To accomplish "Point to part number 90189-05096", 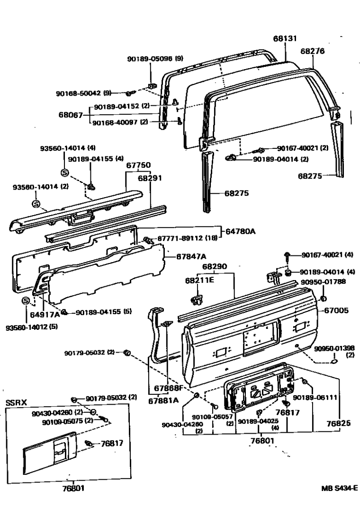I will pyautogui.click(x=150, y=59).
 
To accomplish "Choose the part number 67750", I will pyautogui.click(x=138, y=165).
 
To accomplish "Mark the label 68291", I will pyautogui.click(x=150, y=179).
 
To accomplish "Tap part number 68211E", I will pyautogui.click(x=199, y=281).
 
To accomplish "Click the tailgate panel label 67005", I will pyautogui.click(x=336, y=311).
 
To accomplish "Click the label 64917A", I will pyautogui.click(x=45, y=314).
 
